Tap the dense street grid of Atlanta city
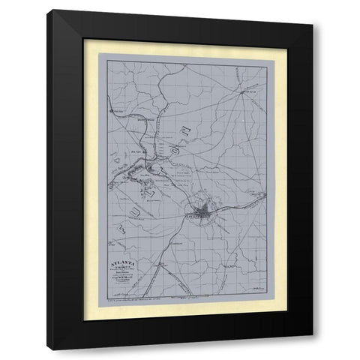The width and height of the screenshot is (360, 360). [203, 211]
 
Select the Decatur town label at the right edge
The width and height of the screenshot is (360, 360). [259, 196]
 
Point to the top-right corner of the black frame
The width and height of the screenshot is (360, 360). [313, 25]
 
